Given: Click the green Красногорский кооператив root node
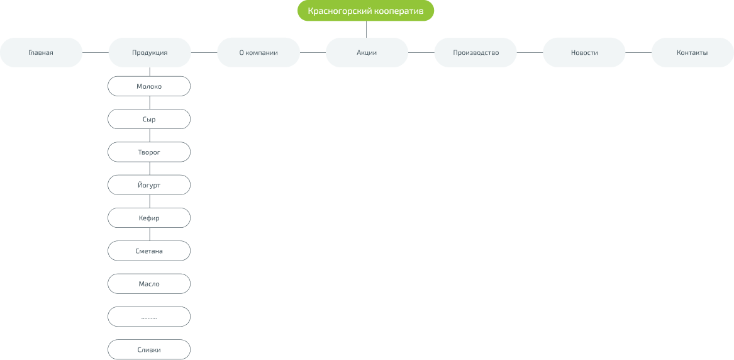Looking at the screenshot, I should click(x=365, y=11).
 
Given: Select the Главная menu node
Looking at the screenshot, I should click(x=41, y=53).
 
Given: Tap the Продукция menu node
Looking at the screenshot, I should click(x=150, y=53).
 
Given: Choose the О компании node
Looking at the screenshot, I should click(x=258, y=53).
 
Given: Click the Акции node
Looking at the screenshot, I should click(x=367, y=53).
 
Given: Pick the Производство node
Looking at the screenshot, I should click(x=475, y=53).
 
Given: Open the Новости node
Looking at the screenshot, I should click(x=584, y=53).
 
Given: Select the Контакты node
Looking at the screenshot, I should click(x=692, y=53).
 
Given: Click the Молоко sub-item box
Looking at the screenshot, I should click(x=149, y=86).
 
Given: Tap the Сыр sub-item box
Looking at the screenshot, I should click(x=149, y=119).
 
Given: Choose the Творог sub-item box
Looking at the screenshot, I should click(x=149, y=152).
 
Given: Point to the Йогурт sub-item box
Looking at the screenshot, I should click(x=149, y=185).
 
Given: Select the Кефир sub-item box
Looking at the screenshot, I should click(x=149, y=218).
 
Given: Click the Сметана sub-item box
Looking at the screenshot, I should click(x=149, y=251).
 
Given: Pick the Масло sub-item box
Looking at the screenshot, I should click(x=149, y=284).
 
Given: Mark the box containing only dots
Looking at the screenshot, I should click(x=149, y=317).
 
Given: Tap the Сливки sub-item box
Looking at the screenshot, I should click(x=149, y=349).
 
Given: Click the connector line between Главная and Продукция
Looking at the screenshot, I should click(x=95, y=53).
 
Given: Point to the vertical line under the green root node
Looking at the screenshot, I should click(x=366, y=30).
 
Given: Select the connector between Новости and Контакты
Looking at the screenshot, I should click(x=638, y=53).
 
